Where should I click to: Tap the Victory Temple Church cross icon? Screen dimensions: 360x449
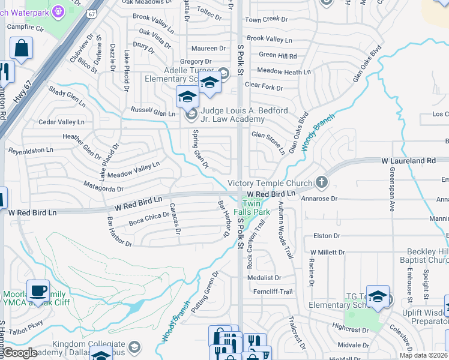(x=322, y=182)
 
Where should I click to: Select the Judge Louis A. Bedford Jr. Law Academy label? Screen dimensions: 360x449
(x=244, y=115)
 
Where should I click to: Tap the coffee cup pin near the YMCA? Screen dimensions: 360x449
(x=38, y=291)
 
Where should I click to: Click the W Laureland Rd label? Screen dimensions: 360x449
(x=408, y=161)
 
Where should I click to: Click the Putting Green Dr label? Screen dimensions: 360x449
(x=204, y=293)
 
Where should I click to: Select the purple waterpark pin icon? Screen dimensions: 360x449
(x=58, y=10)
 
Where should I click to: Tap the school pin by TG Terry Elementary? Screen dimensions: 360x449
(x=377, y=297)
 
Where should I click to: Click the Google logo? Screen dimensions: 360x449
(x=20, y=353)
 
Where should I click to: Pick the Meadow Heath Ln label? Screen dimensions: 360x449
(x=283, y=71)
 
